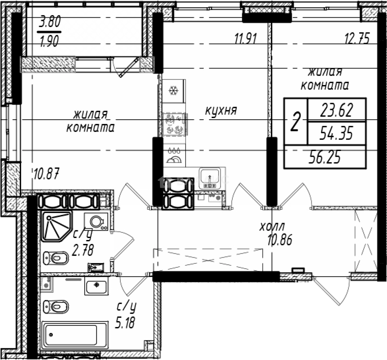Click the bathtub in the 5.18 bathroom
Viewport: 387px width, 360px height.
pos(75,335)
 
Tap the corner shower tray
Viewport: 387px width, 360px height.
pos(57,226)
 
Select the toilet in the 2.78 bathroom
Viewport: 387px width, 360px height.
pos(56,258)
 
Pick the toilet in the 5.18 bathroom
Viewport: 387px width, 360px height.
pos(56,307)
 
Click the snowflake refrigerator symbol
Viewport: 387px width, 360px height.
pos(174,91)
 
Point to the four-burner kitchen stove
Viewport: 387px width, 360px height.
pos(175,124)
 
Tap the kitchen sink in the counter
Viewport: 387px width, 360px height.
pos(210,178)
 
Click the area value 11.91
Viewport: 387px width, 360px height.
pos(246,38)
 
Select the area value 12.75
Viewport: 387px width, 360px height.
pos(357,38)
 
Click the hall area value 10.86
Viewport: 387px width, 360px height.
pos(280,240)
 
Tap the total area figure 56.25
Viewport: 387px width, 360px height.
pos(325,157)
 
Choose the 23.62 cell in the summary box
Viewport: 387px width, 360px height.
pos(337,110)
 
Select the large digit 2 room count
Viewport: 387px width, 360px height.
pos(295,121)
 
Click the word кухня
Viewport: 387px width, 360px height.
pos(221,110)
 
